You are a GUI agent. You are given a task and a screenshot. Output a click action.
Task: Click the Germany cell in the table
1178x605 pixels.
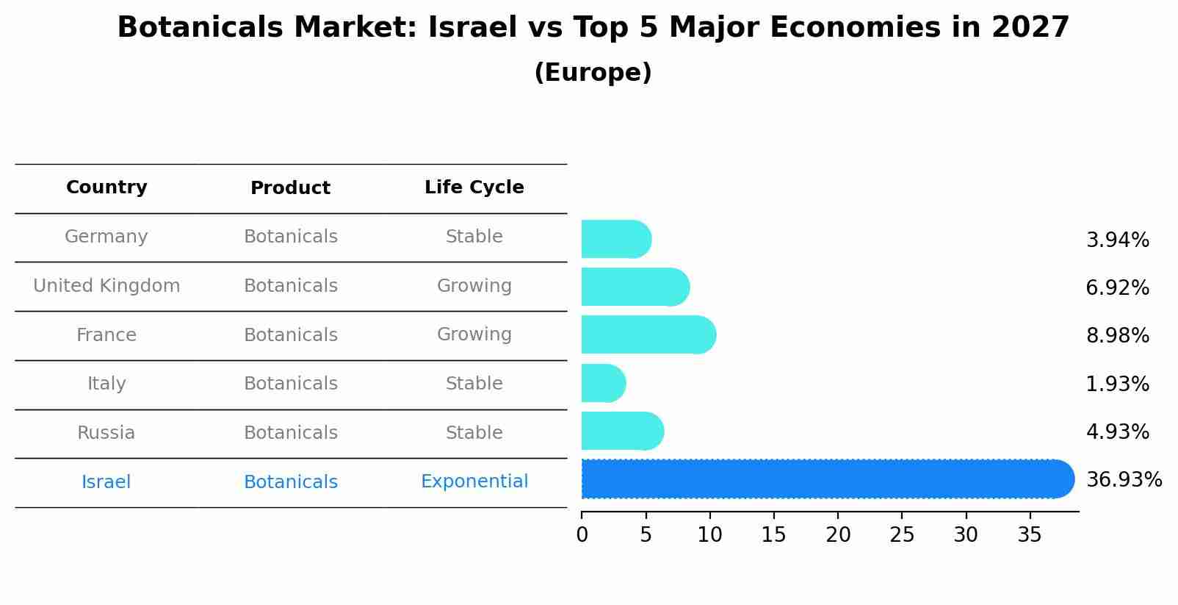tap(106, 237)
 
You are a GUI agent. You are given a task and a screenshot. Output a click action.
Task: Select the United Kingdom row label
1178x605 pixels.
tap(106, 286)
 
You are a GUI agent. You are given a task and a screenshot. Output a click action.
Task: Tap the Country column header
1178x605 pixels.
tap(106, 187)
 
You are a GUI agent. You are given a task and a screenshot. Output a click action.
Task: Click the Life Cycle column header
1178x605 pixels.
tap(474, 187)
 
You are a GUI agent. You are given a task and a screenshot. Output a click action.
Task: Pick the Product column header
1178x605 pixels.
tap(290, 188)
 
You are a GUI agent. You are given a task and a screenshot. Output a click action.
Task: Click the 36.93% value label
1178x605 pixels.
tap(1124, 480)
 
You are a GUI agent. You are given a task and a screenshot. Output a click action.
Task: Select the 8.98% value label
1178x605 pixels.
tap(1117, 336)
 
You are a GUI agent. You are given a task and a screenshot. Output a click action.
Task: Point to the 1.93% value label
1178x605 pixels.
tap(1117, 384)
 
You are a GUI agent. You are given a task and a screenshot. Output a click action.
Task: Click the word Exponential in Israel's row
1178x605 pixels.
tap(474, 482)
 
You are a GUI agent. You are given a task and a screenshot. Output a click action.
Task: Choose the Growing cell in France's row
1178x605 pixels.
tap(474, 334)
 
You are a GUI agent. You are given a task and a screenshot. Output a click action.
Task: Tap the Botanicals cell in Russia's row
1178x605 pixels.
tap(290, 433)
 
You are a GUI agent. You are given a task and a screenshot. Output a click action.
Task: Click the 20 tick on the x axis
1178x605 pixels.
tap(838, 535)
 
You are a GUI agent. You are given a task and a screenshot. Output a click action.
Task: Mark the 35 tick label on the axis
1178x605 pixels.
tap(1030, 535)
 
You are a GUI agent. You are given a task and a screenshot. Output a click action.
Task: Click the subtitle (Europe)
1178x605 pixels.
tap(593, 73)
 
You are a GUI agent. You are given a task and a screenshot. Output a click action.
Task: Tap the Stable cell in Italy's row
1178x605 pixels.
tap(474, 384)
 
